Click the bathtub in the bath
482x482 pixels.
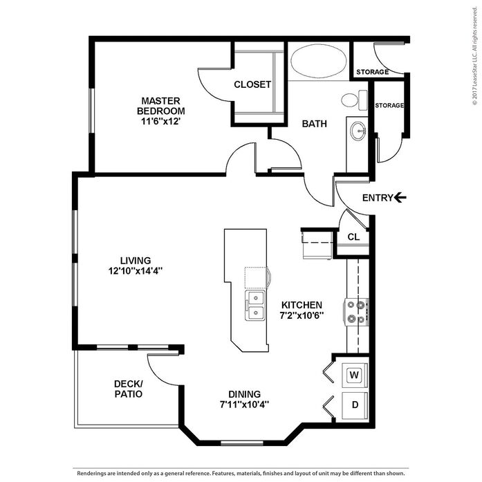[319, 61]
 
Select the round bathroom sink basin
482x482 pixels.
[358, 131]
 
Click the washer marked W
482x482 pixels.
[355, 375]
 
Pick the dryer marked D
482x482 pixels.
[355, 405]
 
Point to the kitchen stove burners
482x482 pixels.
[356, 312]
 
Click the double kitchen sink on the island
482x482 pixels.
[255, 306]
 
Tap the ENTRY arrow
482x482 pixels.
[400, 197]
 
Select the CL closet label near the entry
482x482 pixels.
[353, 237]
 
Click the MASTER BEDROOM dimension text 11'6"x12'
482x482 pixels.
[160, 121]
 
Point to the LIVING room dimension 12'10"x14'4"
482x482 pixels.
[136, 271]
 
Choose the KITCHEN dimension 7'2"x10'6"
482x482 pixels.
[302, 315]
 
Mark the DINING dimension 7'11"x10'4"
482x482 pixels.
[245, 405]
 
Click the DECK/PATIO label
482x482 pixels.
[129, 389]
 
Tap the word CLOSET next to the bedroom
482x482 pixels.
[252, 84]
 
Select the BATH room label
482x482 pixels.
[314, 124]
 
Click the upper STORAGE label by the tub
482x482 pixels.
[372, 72]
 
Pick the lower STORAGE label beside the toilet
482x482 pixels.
[389, 105]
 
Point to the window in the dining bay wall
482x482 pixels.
[242, 443]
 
